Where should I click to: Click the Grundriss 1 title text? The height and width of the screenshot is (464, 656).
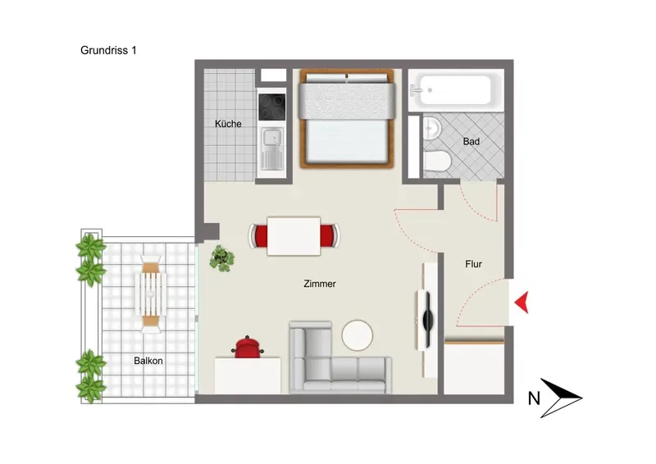pyautogui.click(x=108, y=50)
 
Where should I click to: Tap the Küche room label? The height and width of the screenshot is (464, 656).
pyautogui.click(x=228, y=124)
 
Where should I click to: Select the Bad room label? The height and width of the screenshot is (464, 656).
pyautogui.click(x=471, y=142)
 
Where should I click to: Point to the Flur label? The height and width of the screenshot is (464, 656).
pyautogui.click(x=474, y=264)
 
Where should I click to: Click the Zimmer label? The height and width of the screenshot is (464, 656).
pyautogui.click(x=320, y=284)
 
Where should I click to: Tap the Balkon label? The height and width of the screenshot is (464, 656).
pyautogui.click(x=148, y=361)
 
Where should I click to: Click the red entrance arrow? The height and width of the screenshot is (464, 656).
pyautogui.click(x=522, y=302)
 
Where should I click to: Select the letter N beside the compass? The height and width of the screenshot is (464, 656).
pyautogui.click(x=534, y=398)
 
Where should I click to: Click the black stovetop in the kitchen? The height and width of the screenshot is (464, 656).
pyautogui.click(x=272, y=107)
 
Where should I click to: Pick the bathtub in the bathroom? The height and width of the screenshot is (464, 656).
pyautogui.click(x=455, y=90)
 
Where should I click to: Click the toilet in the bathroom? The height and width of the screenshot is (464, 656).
pyautogui.click(x=436, y=161)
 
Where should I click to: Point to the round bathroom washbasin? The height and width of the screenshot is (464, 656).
pyautogui.click(x=432, y=128)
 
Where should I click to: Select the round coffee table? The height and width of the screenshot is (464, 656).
pyautogui.click(x=358, y=335)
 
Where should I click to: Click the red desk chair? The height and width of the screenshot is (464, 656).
pyautogui.click(x=248, y=348)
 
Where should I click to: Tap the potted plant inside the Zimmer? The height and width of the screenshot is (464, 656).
pyautogui.click(x=221, y=258)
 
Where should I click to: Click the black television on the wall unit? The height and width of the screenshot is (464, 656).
pyautogui.click(x=427, y=320)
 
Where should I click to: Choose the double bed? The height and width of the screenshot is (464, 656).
pyautogui.click(x=347, y=118)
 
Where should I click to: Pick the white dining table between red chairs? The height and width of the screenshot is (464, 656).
pyautogui.click(x=294, y=236)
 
